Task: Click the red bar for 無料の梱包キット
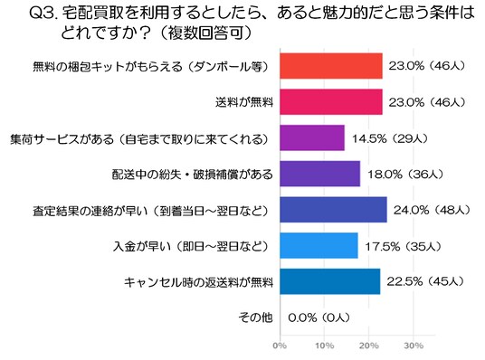[x=331, y=66]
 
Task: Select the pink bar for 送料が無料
[x=331, y=101]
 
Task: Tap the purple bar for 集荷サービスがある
[x=312, y=137]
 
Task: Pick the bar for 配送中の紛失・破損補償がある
[x=320, y=174]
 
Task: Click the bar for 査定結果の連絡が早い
[x=333, y=210]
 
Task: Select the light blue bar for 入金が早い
[x=319, y=245]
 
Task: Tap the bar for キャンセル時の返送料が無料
[x=330, y=281]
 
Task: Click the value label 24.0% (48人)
[x=432, y=211]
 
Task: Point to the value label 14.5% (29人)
[x=390, y=138]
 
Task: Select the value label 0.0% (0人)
[x=319, y=317]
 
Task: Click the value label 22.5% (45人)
[x=425, y=281]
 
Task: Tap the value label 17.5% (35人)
[x=403, y=247]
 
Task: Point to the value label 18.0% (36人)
[x=405, y=175]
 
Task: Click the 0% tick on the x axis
[x=280, y=346]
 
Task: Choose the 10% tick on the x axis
[x=325, y=346]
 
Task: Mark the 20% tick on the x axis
[x=369, y=346]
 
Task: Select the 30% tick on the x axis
[x=414, y=346]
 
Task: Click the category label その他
[x=255, y=317]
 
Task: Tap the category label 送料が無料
[x=244, y=102]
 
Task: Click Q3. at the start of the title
[x=43, y=14]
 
